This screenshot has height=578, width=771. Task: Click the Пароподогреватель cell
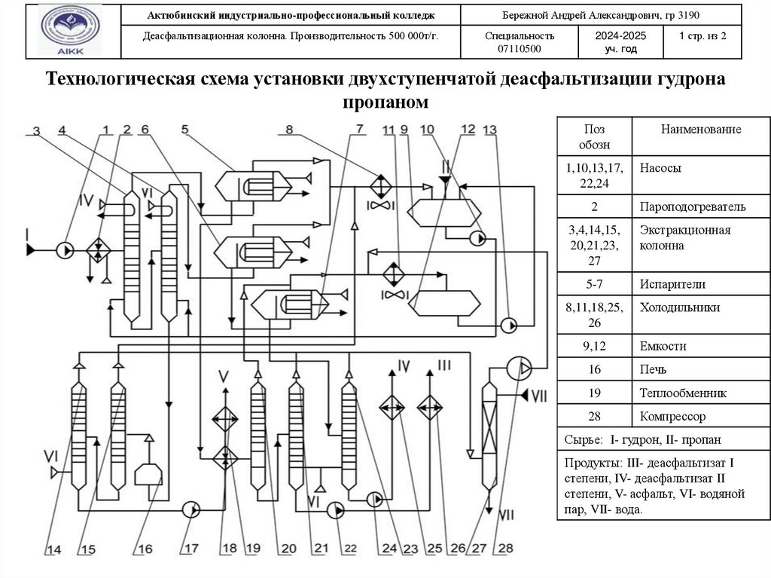(x=693, y=206)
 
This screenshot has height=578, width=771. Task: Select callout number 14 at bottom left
(x=53, y=549)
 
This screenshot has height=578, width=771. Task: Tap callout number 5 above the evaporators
(x=185, y=129)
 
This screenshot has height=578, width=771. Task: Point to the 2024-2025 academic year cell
(x=620, y=41)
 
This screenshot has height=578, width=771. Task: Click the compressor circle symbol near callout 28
(x=517, y=367)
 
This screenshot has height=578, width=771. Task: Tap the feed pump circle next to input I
(x=65, y=247)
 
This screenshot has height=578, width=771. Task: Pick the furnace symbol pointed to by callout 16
(x=148, y=473)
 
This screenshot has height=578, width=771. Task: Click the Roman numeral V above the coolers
(x=224, y=375)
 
